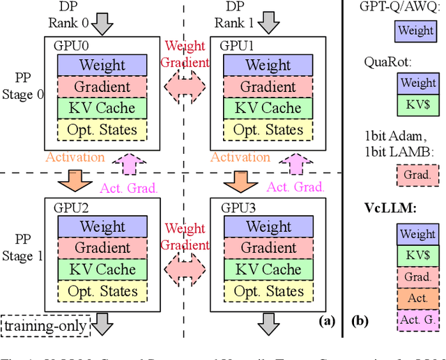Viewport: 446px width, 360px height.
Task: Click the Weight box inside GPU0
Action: pyautogui.click(x=102, y=65)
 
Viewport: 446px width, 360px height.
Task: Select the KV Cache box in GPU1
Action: pyautogui.click(x=268, y=109)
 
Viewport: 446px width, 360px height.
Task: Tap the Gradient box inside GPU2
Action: pyautogui.click(x=102, y=248)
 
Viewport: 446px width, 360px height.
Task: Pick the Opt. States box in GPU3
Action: pyautogui.click(x=268, y=290)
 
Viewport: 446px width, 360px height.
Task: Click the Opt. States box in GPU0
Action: pyautogui.click(x=102, y=130)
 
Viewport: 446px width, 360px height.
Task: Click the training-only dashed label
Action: pyautogui.click(x=46, y=325)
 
